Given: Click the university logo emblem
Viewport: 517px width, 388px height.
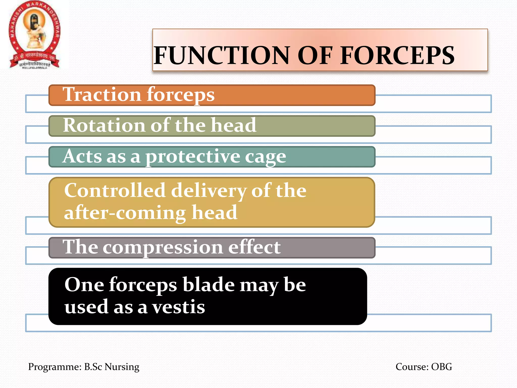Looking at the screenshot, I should [35, 35].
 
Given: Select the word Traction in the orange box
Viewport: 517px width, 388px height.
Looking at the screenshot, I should [102, 94].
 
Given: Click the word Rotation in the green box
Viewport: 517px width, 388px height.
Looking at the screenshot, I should [104, 125].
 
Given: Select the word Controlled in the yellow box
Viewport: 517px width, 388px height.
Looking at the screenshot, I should [115, 190].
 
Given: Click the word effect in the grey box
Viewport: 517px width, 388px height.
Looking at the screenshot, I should [254, 247].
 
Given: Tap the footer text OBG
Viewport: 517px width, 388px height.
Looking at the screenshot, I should [442, 367].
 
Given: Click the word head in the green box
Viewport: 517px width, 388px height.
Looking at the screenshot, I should [234, 125].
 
